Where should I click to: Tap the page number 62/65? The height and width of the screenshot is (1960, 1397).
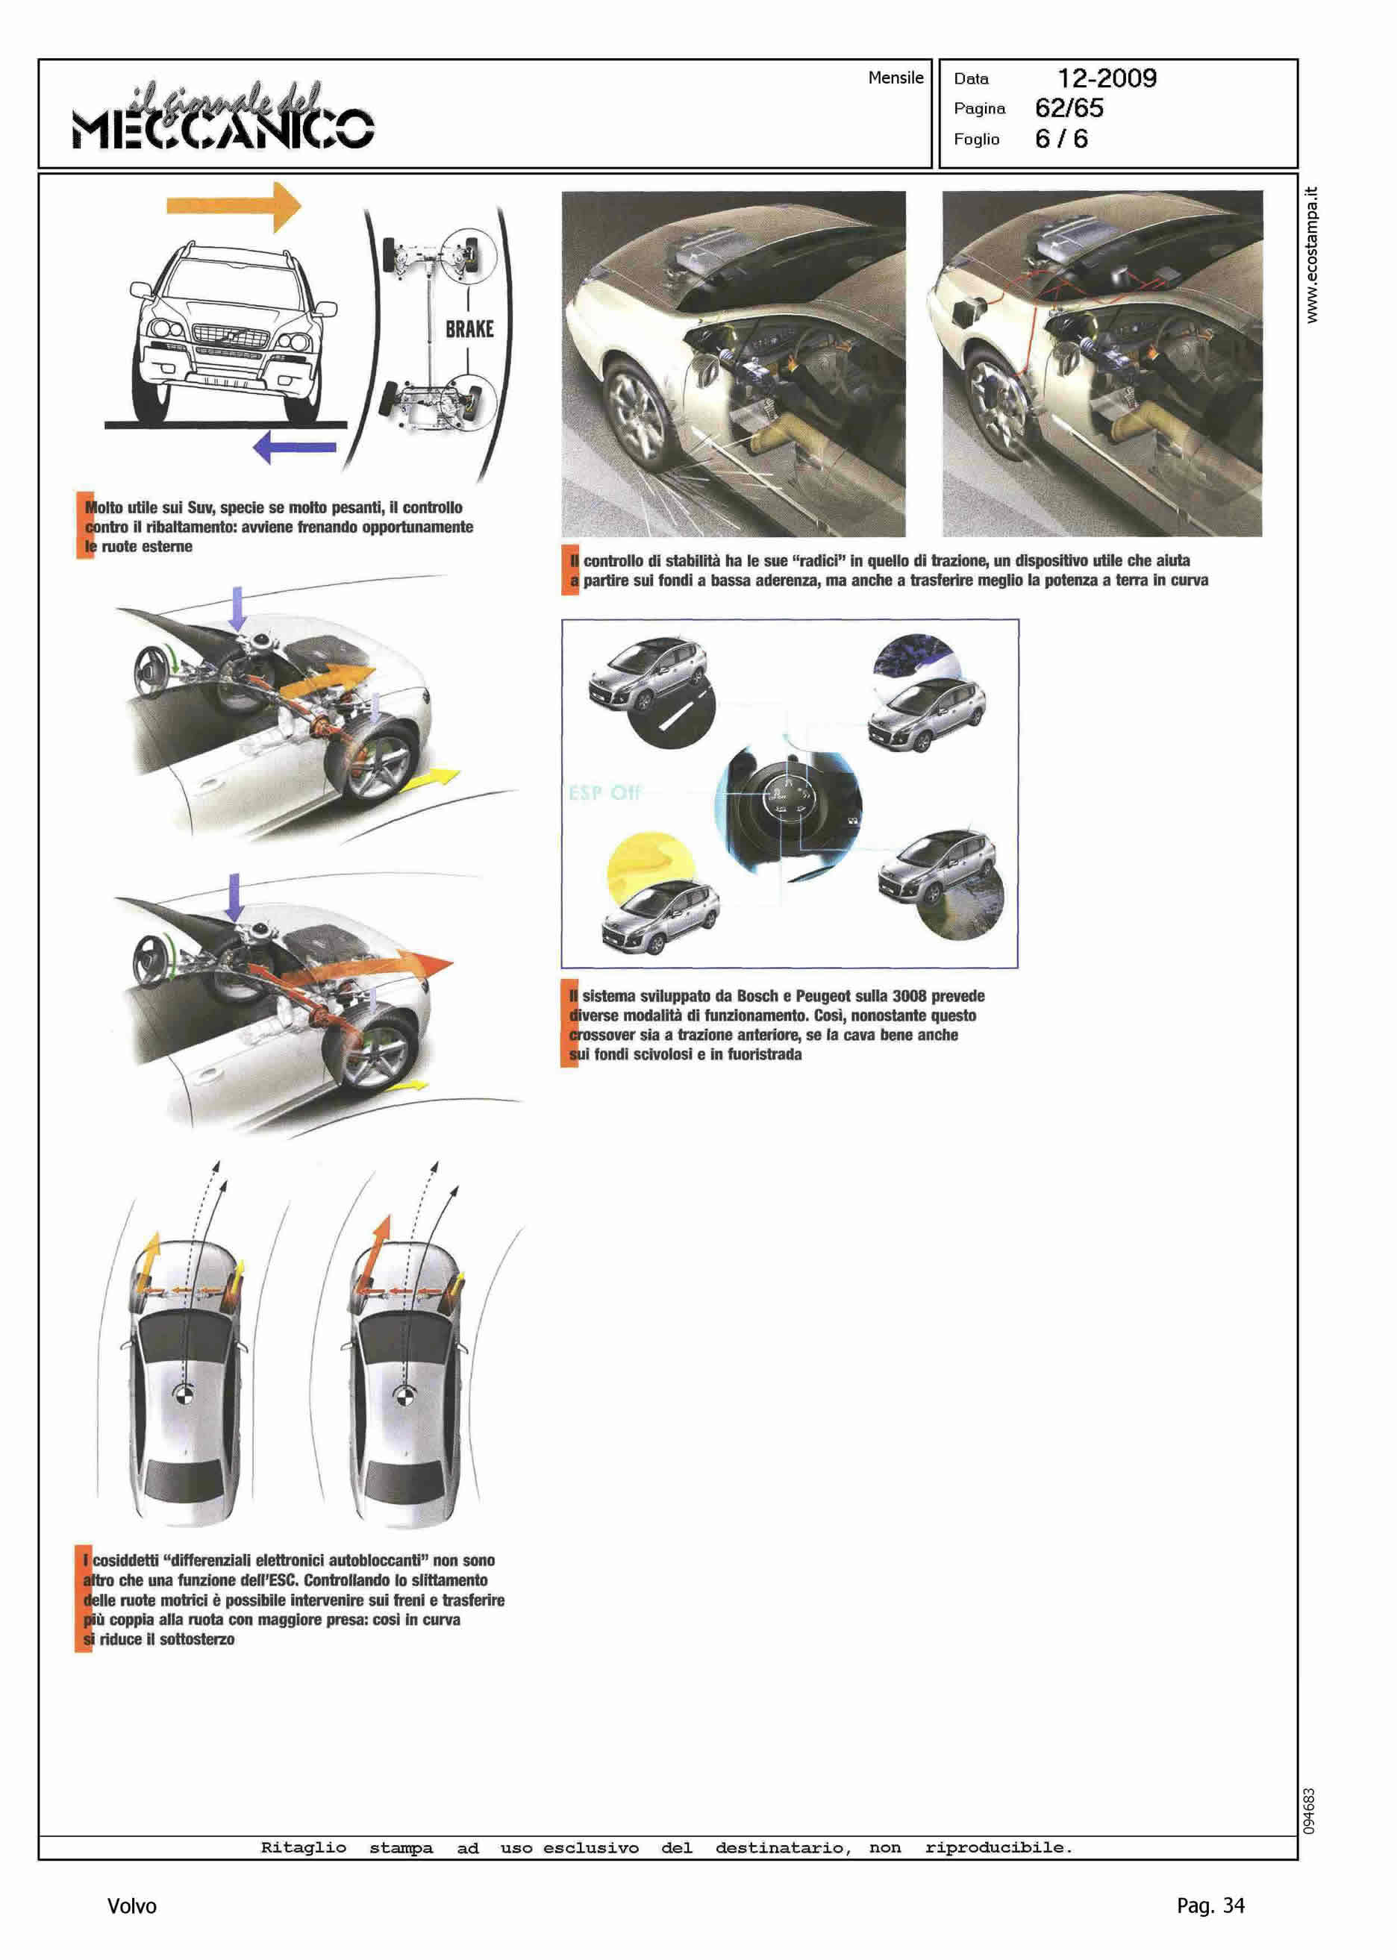pyautogui.click(x=1069, y=108)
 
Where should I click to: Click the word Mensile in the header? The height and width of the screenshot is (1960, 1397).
pyautogui.click(x=895, y=78)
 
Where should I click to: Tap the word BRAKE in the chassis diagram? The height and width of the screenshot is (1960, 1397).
pyautogui.click(x=469, y=328)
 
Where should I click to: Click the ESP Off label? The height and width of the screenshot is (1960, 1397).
pyautogui.click(x=604, y=792)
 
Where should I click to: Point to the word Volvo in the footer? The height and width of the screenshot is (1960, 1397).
pyautogui.click(x=131, y=1906)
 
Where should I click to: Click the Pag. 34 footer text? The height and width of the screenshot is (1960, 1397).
pyautogui.click(x=1210, y=1905)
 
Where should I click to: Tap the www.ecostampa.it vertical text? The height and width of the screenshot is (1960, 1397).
pyautogui.click(x=1311, y=254)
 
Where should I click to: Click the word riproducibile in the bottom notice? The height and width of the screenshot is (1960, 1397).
pyautogui.click(x=998, y=1847)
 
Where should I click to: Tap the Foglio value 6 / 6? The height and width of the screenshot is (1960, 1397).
pyautogui.click(x=1060, y=139)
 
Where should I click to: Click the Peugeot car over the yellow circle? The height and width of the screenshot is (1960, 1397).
pyautogui.click(x=660, y=918)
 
